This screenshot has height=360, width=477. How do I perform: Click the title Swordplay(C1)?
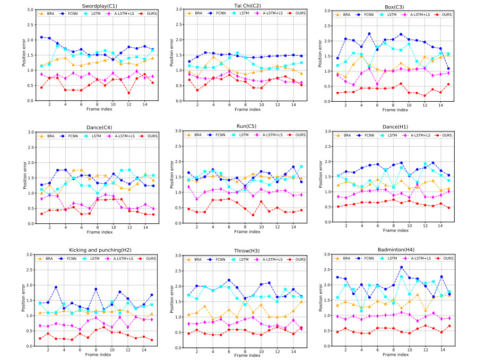tap(85, 5)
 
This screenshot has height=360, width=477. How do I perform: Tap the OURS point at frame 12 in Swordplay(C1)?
tap(129, 93)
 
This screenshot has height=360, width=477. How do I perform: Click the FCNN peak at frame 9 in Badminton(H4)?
tap(401, 267)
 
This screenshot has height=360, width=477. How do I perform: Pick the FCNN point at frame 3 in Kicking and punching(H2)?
tap(56, 287)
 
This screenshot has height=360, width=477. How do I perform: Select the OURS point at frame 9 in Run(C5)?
tap(253, 215)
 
